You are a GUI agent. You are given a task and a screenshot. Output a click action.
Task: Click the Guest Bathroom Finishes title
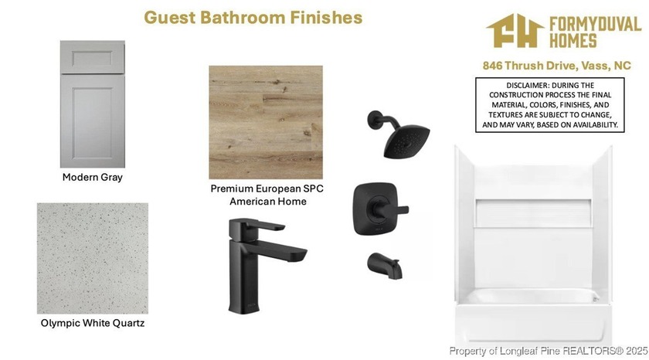tap(253, 17)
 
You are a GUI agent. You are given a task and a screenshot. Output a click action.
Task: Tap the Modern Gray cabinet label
tap(92, 177)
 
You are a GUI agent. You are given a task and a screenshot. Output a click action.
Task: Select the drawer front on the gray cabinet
tap(92, 57)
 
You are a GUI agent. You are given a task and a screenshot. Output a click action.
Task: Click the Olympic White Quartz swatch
tap(92, 258)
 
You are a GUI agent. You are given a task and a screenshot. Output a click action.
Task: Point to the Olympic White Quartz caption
tap(92, 323)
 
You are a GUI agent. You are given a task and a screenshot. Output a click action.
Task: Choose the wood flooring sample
tap(266, 122)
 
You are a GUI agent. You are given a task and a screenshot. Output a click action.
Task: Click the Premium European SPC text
tap(267, 188)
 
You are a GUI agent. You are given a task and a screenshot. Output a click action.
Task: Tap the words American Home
tap(268, 202)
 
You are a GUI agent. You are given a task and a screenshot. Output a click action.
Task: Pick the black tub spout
tap(385, 266)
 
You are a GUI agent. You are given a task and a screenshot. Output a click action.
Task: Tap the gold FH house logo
tap(515, 31)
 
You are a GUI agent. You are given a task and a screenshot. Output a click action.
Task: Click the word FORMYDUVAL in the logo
tap(595, 25)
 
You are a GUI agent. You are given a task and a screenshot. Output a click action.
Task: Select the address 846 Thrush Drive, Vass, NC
tap(557, 66)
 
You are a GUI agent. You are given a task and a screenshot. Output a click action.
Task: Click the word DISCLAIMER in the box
tap(527, 85)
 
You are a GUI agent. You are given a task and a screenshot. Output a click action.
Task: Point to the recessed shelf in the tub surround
tap(533, 213)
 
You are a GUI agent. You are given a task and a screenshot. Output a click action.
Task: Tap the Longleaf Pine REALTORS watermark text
tap(549, 351)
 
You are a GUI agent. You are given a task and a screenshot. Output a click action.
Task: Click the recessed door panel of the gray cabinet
tap(92, 123)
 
